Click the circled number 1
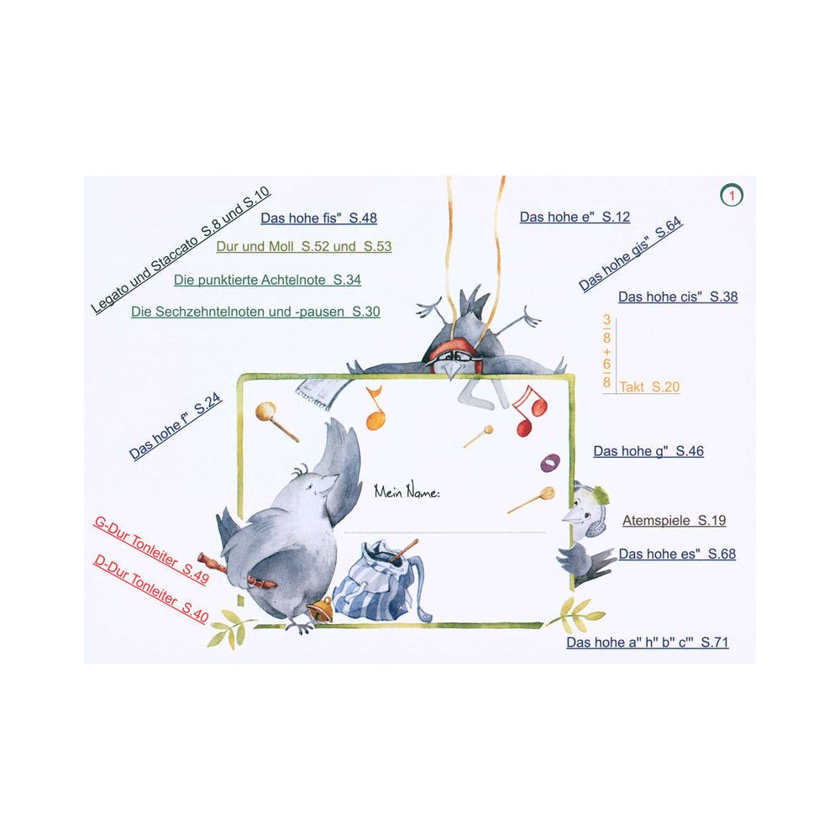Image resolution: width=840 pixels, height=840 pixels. pyautogui.click(x=732, y=196)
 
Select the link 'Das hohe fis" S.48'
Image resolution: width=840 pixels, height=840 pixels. pyautogui.click(x=318, y=218)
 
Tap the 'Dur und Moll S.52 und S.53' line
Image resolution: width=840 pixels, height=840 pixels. pyautogui.click(x=304, y=246)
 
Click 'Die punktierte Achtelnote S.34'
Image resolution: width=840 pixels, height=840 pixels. pyautogui.click(x=267, y=280)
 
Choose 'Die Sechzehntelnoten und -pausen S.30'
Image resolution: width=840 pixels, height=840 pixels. pyautogui.click(x=255, y=312)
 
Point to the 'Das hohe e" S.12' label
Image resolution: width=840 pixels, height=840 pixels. pyautogui.click(x=575, y=217)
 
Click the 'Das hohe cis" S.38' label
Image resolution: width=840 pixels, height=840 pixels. pyautogui.click(x=678, y=297)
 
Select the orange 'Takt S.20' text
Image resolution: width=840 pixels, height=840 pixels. pyautogui.click(x=649, y=386)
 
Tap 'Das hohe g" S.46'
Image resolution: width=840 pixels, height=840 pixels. pyautogui.click(x=648, y=451)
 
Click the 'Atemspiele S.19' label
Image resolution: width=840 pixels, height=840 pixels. pyautogui.click(x=674, y=520)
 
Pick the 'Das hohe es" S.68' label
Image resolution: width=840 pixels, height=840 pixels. pyautogui.click(x=677, y=554)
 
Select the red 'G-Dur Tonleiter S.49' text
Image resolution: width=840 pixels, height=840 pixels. pyautogui.click(x=151, y=550)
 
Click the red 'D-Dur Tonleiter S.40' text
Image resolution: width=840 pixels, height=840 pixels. pyautogui.click(x=151, y=588)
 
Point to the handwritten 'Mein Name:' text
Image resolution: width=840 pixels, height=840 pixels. pyautogui.click(x=407, y=491)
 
